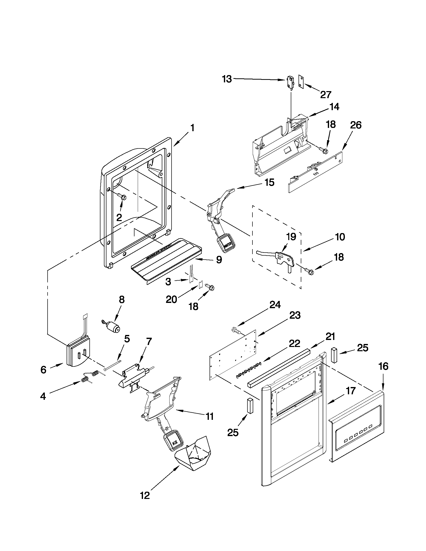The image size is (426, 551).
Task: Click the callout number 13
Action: point(227,79)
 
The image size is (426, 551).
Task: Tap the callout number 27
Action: point(326,95)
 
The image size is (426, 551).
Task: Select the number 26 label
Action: point(356,125)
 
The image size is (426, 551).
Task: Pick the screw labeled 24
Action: point(235,330)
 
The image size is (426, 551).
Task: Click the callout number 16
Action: point(383,366)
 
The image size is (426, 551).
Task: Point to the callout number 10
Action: point(340,237)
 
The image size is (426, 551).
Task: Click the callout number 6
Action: point(43,370)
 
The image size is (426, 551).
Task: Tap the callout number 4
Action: point(43,396)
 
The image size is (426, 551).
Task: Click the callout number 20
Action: point(171,299)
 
